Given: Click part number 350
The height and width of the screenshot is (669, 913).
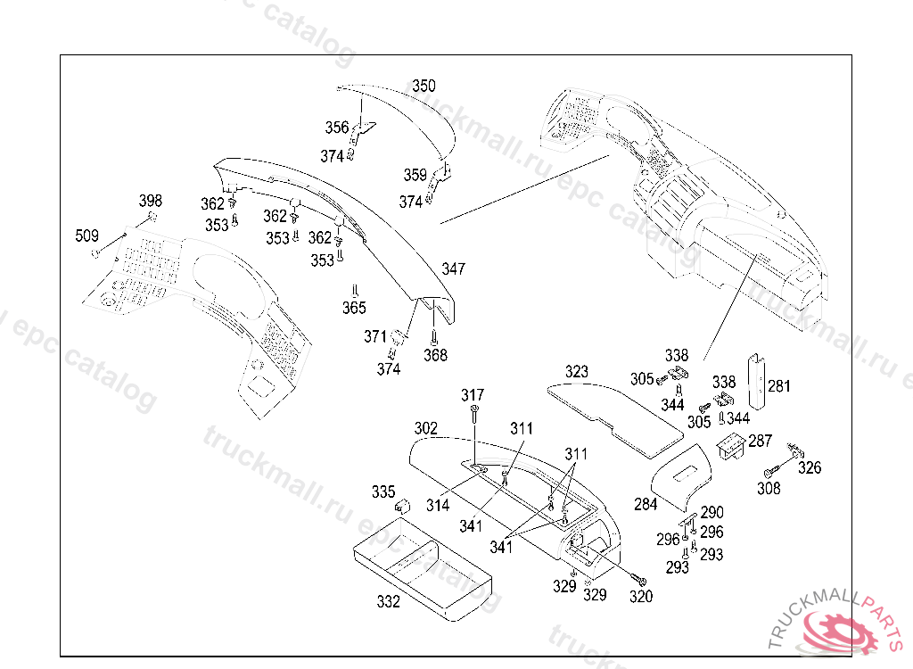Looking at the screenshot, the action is (424, 86).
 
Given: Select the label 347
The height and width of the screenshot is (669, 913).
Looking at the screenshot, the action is (453, 268).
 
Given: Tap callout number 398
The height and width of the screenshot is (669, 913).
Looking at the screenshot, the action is (150, 201).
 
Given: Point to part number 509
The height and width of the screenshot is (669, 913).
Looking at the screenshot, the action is (86, 235).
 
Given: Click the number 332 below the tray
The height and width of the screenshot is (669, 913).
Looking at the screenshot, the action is (389, 601).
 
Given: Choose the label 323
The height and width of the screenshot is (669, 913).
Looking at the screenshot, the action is (577, 371).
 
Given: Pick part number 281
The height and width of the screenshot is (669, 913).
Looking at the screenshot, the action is (779, 385).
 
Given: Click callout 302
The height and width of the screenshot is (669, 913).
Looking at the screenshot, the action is (425, 428).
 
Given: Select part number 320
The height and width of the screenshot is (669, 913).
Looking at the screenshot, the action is (641, 596).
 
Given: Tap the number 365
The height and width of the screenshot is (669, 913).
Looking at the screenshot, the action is (354, 307).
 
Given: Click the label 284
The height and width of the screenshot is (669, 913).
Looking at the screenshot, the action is (646, 504).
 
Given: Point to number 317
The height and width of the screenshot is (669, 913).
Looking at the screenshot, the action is (473, 395).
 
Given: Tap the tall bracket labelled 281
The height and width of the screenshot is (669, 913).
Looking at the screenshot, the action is (756, 381).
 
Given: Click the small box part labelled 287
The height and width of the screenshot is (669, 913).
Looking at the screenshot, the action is (731, 446).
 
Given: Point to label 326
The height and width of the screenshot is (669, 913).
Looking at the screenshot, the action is (810, 467).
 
